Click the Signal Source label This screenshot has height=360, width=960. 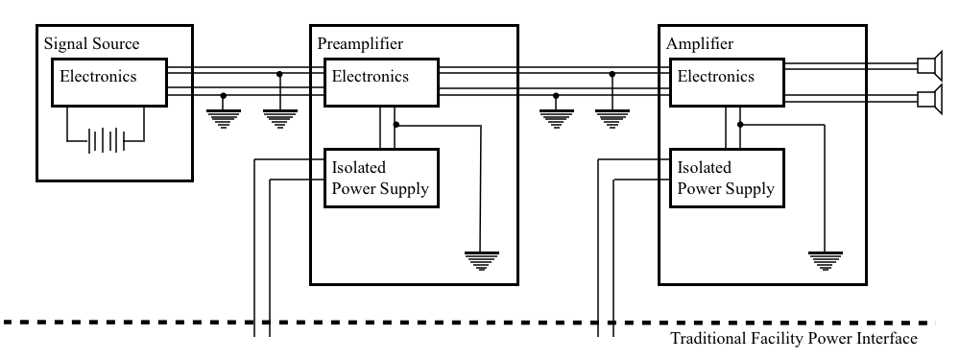[x=92, y=44]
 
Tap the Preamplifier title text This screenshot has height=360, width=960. [x=360, y=44]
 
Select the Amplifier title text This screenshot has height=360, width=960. [x=700, y=44]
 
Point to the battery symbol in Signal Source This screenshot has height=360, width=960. [x=107, y=141]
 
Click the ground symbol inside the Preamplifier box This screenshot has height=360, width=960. [x=482, y=260]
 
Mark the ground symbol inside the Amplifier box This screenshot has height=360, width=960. [x=826, y=260]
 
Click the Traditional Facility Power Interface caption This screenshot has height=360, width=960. [x=794, y=339]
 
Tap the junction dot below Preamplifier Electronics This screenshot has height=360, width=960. [x=396, y=125]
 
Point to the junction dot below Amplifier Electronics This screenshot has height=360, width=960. [x=740, y=125]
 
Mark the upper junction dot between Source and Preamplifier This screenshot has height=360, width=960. [x=279, y=74]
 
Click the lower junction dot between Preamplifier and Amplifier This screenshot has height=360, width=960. [x=556, y=96]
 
